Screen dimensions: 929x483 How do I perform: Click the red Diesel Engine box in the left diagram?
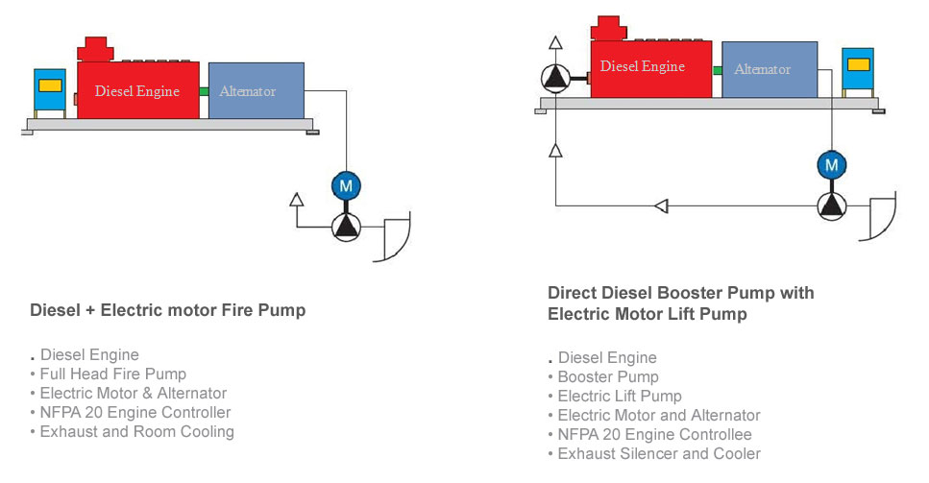(138, 90)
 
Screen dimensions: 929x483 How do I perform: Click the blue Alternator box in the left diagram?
(257, 90)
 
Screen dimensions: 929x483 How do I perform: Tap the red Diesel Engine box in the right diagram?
(651, 69)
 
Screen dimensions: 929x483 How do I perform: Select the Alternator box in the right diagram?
(770, 69)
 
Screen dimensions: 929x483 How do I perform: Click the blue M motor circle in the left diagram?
(346, 186)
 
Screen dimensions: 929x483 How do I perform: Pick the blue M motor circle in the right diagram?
(832, 164)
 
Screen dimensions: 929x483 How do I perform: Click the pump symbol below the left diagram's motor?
(346, 227)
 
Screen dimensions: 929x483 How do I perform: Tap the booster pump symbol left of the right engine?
(555, 78)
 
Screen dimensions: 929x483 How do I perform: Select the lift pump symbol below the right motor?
(832, 206)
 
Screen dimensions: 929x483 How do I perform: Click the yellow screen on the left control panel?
(50, 85)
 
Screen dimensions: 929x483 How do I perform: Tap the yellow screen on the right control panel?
(858, 64)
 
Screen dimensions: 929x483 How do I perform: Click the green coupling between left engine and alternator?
(204, 91)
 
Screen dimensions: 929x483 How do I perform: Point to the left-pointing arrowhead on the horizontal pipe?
(662, 206)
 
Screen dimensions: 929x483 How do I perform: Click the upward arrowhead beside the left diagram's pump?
(297, 200)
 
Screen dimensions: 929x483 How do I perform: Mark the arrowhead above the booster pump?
(555, 42)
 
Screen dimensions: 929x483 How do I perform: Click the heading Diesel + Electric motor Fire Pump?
(168, 310)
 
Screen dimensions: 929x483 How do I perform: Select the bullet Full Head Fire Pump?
(112, 374)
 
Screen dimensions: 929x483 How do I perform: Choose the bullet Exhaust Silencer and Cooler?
(659, 453)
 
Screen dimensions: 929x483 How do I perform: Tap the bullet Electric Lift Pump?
(619, 396)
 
